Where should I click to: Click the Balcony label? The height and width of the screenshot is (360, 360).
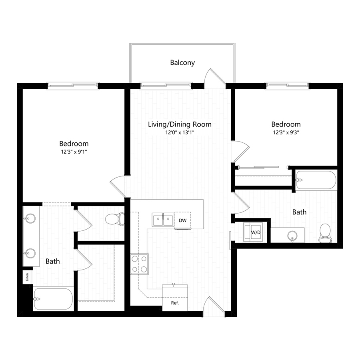click(182, 63)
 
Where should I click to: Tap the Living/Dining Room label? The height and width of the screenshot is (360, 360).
click(180, 124)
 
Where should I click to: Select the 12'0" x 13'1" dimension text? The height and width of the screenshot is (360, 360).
click(180, 132)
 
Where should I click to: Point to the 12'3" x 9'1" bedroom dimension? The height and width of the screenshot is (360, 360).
click(74, 152)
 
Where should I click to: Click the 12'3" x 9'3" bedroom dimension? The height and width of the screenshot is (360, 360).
click(286, 132)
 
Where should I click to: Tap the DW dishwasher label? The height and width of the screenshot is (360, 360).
click(182, 220)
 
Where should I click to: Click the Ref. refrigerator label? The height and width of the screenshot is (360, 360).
click(174, 303)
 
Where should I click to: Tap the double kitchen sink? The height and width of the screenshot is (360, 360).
click(163, 220)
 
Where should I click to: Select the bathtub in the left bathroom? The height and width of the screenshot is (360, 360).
click(54, 299)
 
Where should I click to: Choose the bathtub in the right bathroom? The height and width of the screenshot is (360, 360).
click(316, 180)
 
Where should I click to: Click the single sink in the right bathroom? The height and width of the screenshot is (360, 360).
click(292, 235)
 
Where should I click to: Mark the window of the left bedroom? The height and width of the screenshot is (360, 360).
click(72, 85)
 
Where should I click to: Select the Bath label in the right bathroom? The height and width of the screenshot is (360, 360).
click(299, 212)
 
